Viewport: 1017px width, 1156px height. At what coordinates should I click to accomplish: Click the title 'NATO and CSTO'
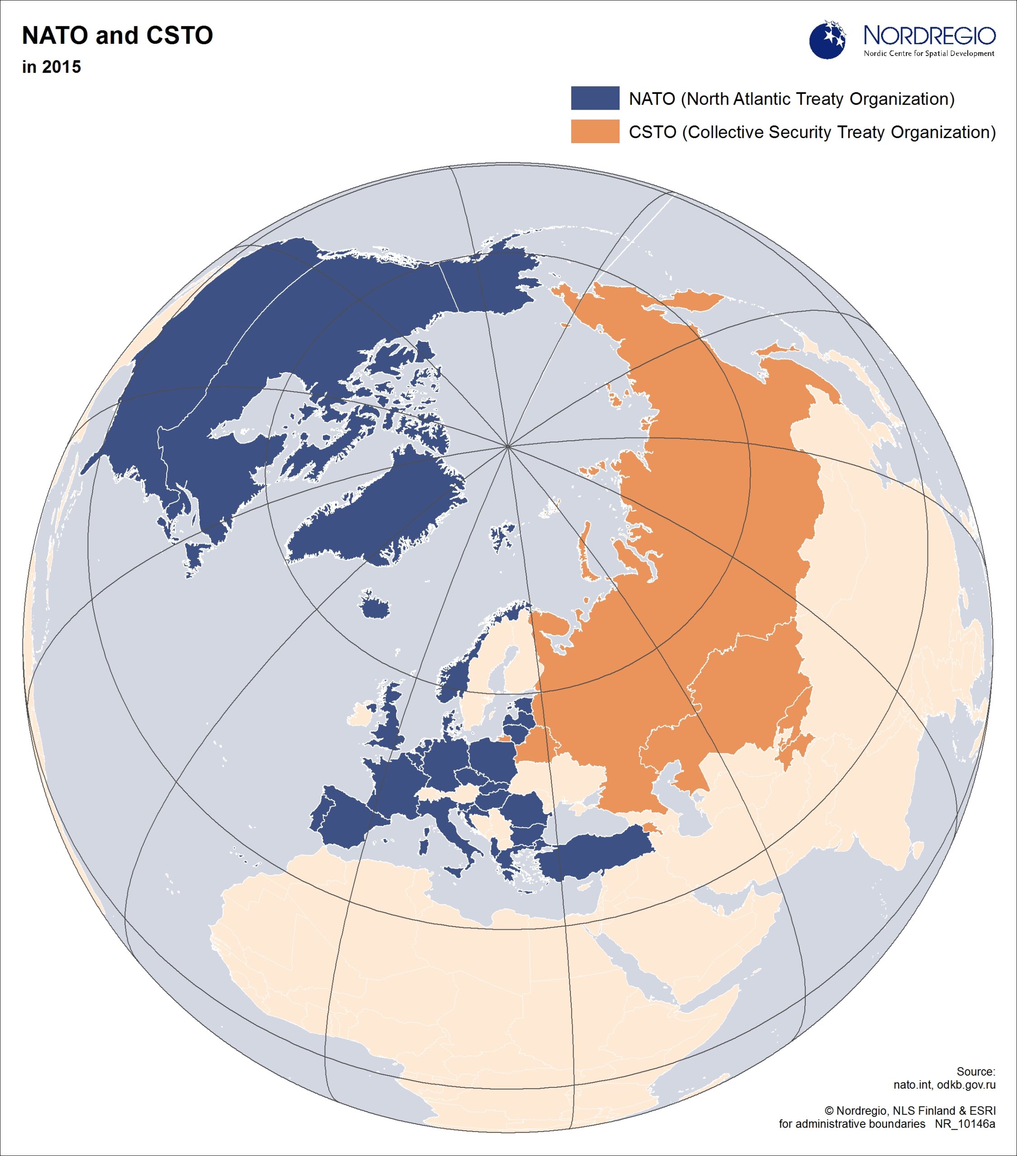coord(117,36)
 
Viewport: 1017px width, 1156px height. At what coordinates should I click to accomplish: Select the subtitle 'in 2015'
coord(51,67)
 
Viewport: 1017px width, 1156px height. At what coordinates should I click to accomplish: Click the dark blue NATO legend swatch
coord(595,98)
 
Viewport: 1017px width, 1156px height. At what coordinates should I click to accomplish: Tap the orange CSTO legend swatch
coord(595,131)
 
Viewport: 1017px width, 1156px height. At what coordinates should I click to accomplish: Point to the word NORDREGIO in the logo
coord(929,36)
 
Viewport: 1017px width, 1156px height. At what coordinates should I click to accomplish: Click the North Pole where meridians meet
coord(508,446)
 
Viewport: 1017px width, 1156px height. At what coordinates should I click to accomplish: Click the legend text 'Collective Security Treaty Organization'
coord(840,132)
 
